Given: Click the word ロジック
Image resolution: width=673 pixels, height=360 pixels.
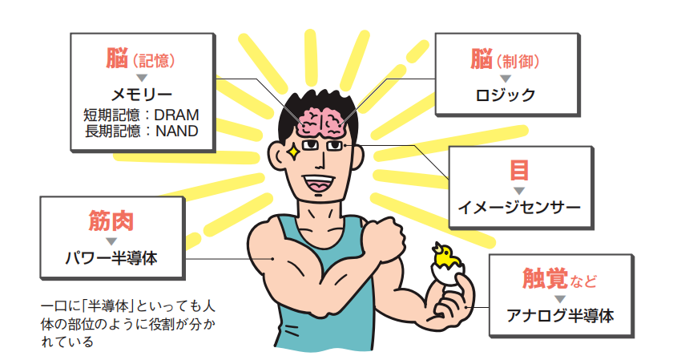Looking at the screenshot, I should tap(504, 94).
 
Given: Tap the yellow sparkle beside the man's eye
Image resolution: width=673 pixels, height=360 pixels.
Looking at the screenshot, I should tap(294, 148).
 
